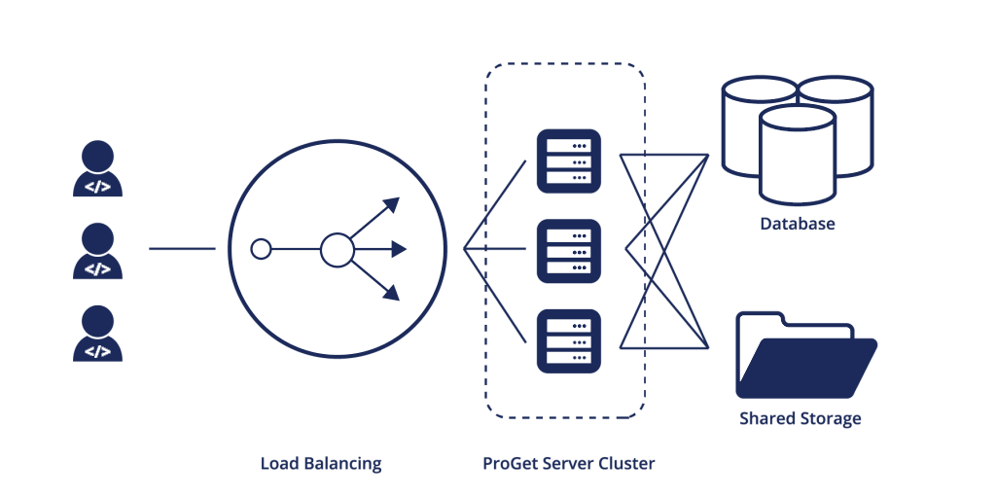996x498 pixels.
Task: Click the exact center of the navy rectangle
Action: [x=476, y=267]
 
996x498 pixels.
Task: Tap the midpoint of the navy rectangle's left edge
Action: [x=73, y=267]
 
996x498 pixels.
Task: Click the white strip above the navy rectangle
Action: [x=476, y=31]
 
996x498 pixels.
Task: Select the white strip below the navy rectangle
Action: [x=476, y=486]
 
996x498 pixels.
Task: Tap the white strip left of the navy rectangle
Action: [x=36, y=267]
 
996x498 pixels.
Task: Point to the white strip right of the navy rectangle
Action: [x=937, y=267]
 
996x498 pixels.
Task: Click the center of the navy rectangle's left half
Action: [x=274, y=267]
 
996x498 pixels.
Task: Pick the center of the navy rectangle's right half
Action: [x=677, y=267]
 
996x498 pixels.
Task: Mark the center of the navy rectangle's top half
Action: [x=476, y=165]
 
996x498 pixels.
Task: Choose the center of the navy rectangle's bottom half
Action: [x=476, y=371]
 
